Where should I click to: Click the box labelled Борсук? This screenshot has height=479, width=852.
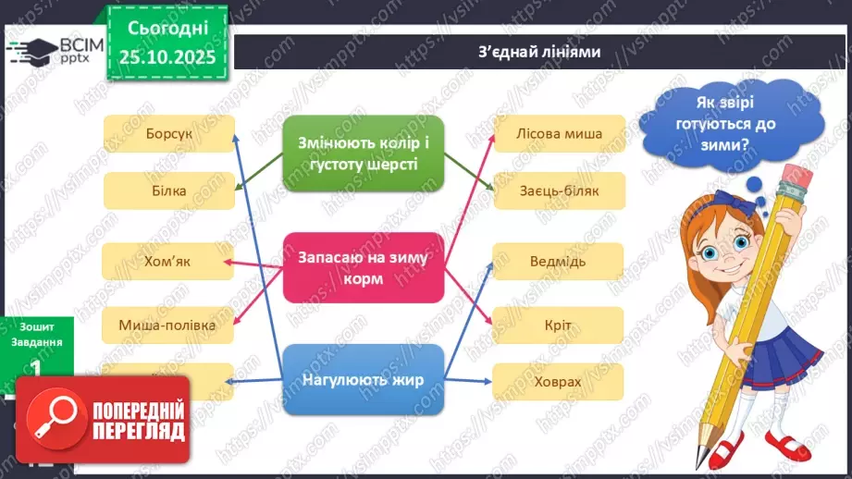pyautogui.click(x=168, y=133)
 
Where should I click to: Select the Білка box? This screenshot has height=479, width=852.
pyautogui.click(x=167, y=190)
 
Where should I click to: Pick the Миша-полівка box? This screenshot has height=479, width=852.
pyautogui.click(x=167, y=325)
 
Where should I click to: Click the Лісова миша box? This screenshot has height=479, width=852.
pyautogui.click(x=560, y=133)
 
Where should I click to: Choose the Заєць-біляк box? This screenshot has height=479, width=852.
pyautogui.click(x=560, y=190)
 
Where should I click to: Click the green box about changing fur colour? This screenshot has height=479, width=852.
pyautogui.click(x=364, y=154)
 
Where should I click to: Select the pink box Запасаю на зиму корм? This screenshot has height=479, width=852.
pyautogui.click(x=364, y=267)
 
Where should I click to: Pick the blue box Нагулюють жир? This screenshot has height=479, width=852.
pyautogui.click(x=364, y=378)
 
